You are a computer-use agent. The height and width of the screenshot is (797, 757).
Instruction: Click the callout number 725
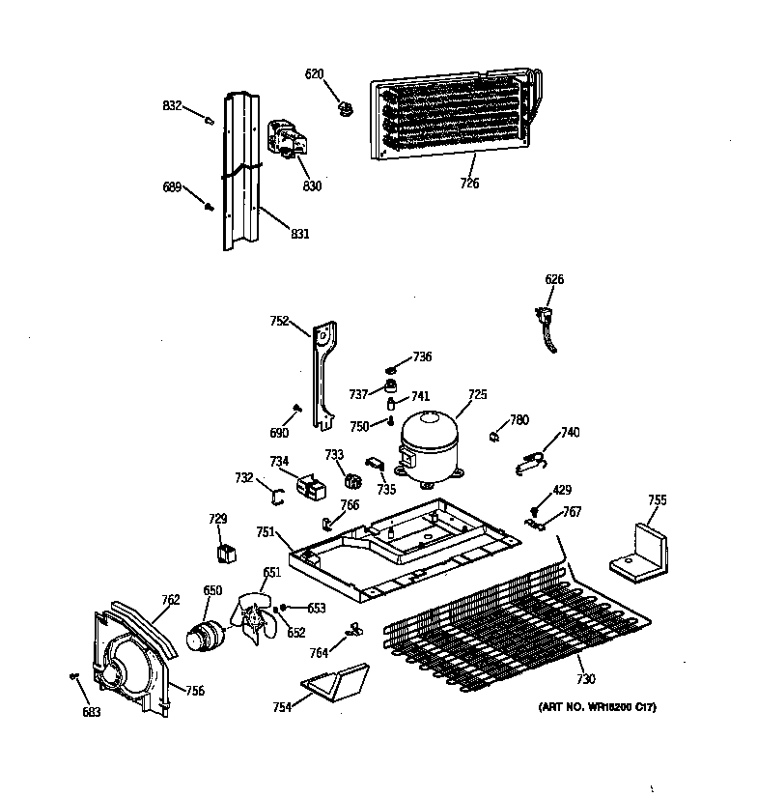(x=478, y=394)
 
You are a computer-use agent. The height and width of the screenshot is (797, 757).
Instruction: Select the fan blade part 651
(x=255, y=619)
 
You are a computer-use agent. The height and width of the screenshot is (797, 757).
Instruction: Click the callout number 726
(x=469, y=183)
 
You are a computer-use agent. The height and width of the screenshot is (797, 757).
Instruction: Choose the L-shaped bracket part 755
(x=641, y=551)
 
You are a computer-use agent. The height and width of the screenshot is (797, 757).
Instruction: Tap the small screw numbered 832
(x=208, y=119)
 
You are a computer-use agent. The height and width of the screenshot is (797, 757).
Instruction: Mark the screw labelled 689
(x=209, y=205)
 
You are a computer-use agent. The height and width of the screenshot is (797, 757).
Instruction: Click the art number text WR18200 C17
(x=597, y=708)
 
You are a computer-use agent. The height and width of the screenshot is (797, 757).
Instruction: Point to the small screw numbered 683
(x=74, y=675)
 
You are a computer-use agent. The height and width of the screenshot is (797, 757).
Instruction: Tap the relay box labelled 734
(x=310, y=486)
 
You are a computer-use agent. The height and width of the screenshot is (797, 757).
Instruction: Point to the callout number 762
(x=170, y=600)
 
